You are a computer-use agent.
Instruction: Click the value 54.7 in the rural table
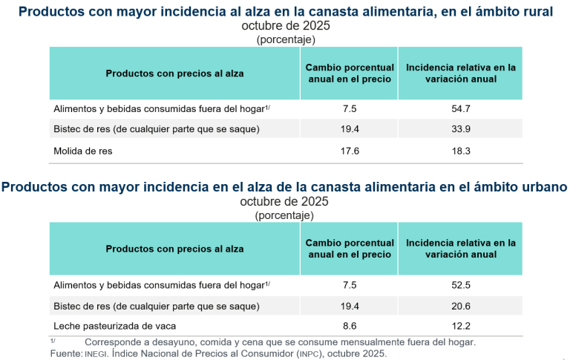[x=461, y=108]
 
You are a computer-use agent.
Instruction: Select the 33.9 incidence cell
[x=461, y=129]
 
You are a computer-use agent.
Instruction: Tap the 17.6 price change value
[x=350, y=151]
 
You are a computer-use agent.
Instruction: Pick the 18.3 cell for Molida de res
[x=461, y=151]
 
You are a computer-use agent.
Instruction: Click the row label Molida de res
[x=82, y=151]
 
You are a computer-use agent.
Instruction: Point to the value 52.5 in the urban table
[x=461, y=284]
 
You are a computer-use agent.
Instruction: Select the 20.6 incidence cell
[x=461, y=305]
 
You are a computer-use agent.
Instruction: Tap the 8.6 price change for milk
[x=350, y=326]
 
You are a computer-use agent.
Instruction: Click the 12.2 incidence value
[x=461, y=326]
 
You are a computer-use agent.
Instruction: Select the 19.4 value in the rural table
[x=350, y=129]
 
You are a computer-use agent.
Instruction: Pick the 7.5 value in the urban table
[x=350, y=284]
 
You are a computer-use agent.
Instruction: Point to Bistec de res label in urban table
[x=156, y=305]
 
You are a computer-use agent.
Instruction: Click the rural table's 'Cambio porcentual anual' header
[x=350, y=73]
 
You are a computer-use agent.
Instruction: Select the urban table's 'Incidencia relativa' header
[x=461, y=249]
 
